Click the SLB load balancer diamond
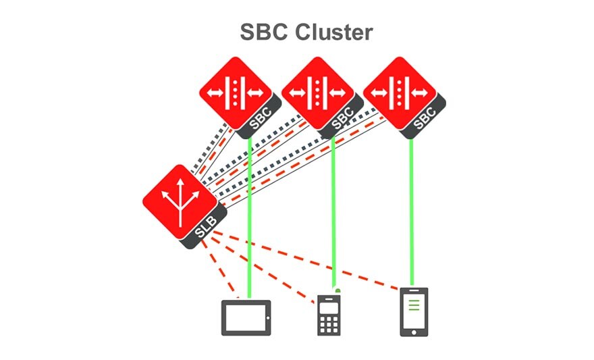tap(180, 202)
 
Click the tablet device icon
tap(246, 317)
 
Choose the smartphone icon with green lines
tap(414, 311)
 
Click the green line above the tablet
tap(250, 223)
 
